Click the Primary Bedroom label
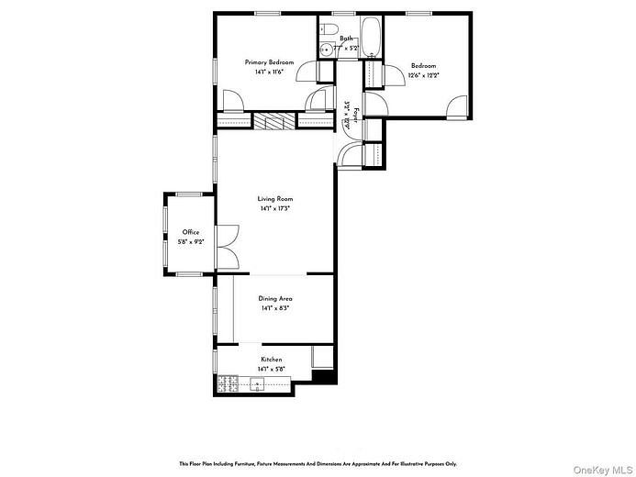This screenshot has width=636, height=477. (269, 61)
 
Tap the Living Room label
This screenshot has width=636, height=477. (275, 199)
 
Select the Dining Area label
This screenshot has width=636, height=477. (274, 299)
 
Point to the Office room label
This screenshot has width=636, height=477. (191, 232)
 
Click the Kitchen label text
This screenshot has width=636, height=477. (272, 359)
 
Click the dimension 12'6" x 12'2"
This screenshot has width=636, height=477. (424, 74)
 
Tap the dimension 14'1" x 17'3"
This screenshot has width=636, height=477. (275, 208)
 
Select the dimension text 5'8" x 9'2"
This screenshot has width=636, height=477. (191, 241)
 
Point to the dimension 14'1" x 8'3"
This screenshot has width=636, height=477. (274, 308)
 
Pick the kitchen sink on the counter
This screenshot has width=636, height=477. (259, 384)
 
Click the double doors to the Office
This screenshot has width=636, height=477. (228, 248)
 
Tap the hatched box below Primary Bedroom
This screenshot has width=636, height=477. (273, 122)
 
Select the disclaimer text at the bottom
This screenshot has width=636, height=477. (318, 463)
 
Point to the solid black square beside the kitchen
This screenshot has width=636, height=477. (323, 375)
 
